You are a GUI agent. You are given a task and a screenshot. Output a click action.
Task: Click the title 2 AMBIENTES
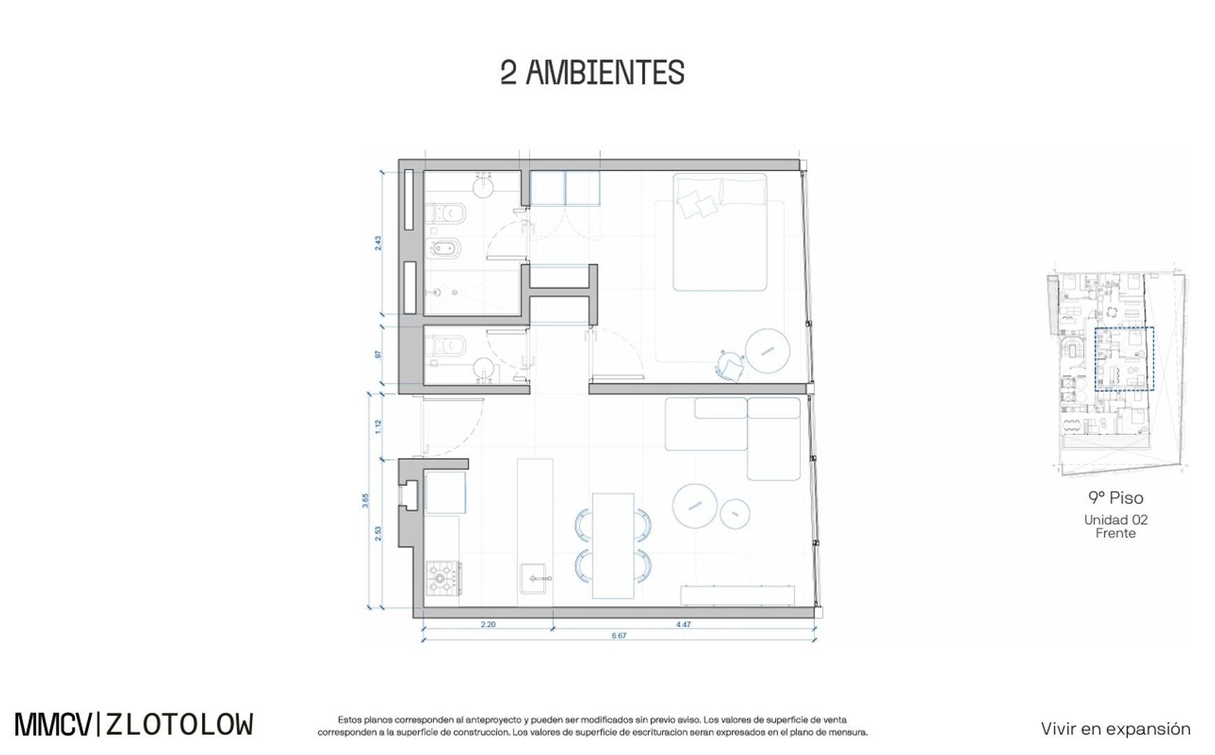592,73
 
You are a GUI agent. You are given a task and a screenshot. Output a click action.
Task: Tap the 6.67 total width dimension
619,636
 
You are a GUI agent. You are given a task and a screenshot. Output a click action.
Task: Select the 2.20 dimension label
488,624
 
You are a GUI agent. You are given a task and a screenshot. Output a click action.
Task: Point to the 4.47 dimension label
683,624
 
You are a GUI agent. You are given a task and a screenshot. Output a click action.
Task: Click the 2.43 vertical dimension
378,243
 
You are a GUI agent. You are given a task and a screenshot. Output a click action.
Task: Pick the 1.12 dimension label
378,426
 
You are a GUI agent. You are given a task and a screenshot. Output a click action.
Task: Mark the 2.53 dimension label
378,533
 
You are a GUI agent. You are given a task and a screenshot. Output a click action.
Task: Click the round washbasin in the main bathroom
484,185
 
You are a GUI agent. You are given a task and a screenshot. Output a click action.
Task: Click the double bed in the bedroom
720,231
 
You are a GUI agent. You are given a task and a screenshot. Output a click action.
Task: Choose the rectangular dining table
613,546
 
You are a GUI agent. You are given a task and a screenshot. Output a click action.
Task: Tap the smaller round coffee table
735,514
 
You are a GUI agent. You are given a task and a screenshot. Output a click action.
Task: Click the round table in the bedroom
767,350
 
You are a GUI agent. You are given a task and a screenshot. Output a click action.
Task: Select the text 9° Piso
1116,498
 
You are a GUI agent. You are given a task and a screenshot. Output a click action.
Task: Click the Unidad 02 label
1116,519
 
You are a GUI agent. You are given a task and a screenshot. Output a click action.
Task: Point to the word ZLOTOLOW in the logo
179,725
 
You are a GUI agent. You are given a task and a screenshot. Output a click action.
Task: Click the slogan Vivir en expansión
1116,728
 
